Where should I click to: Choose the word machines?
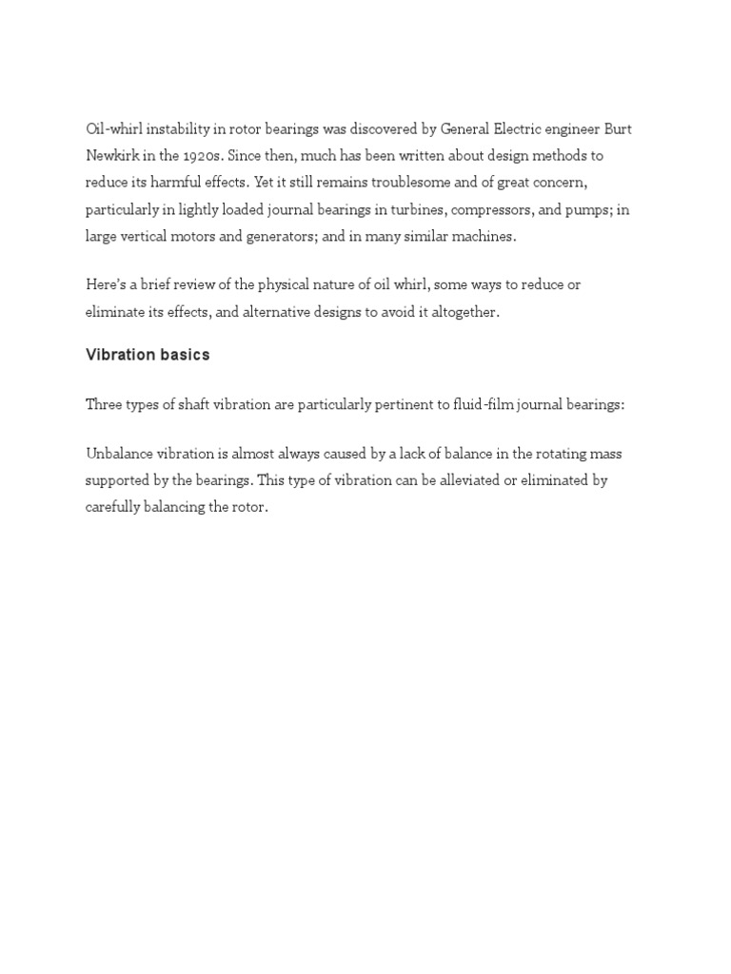(x=483, y=237)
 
